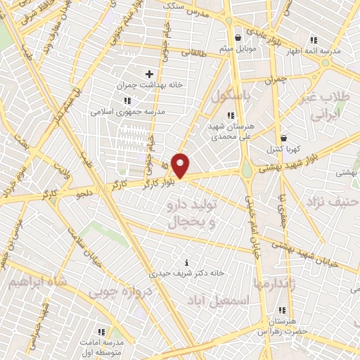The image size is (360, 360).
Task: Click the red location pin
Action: (181, 165)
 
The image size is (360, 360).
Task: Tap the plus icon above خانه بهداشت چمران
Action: (148, 74)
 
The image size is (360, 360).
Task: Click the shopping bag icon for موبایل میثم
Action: (239, 37)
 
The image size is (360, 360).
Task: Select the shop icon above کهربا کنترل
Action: (283, 139)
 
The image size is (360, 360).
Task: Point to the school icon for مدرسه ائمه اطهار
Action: (313, 39)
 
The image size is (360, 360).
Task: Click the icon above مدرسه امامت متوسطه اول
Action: (102, 330)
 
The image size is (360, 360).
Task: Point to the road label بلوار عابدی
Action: (288, 40)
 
